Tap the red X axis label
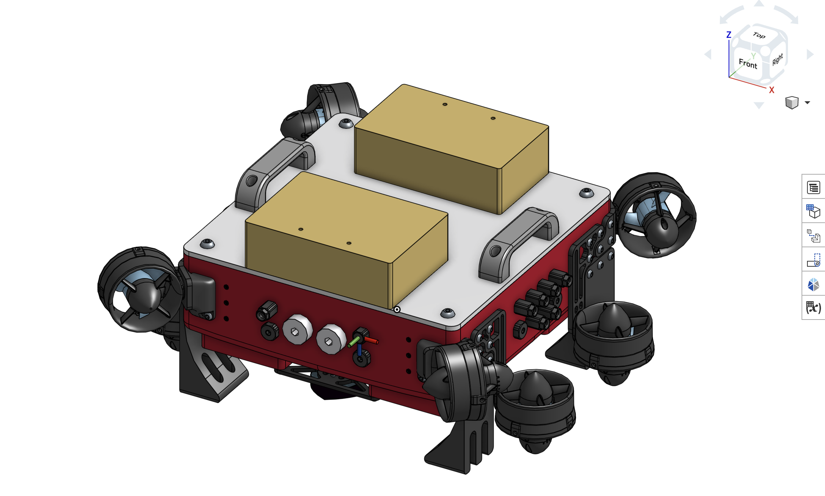pos(771,90)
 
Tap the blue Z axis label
pos(729,35)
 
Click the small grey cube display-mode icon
pos(792,103)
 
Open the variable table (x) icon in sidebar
pos(813,307)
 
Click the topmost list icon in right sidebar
pos(813,188)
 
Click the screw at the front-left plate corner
pos(207,244)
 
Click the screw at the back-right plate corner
pos(586,193)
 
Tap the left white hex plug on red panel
pos(297,329)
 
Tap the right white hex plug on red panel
pos(330,339)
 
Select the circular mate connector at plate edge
pos(397,310)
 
